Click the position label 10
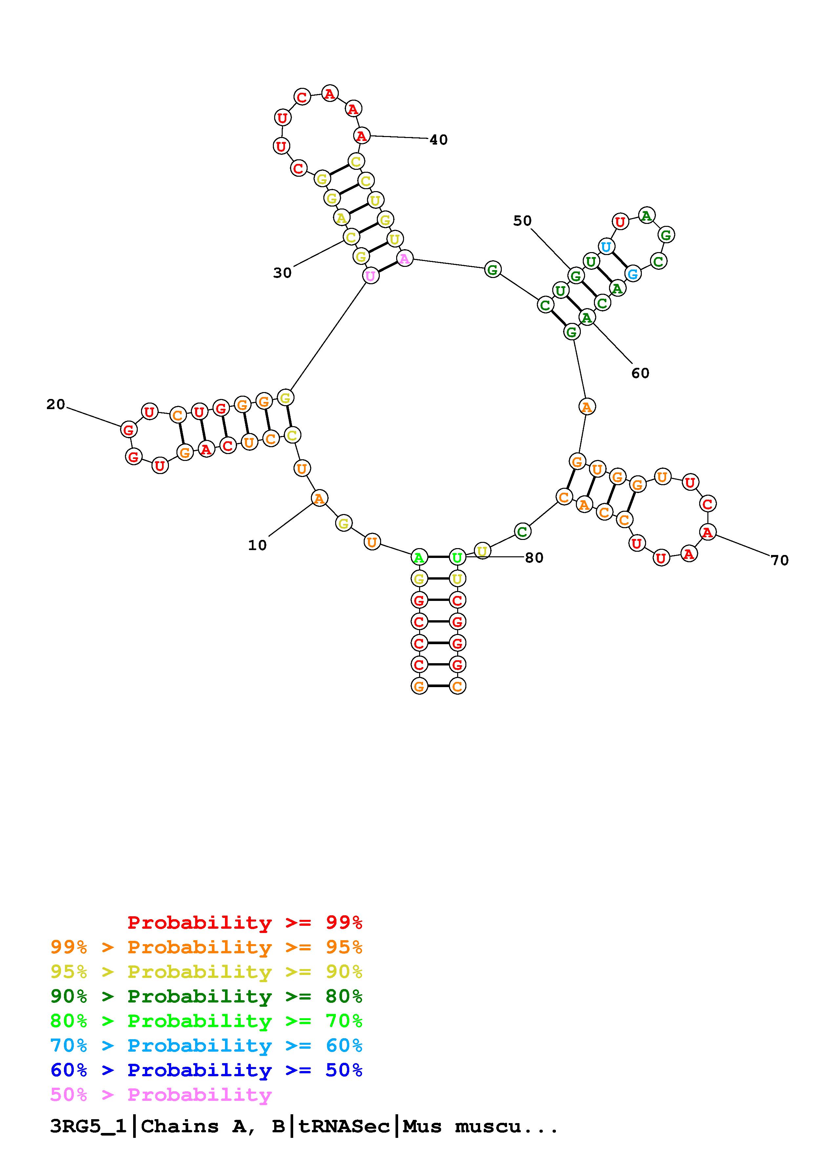click(x=257, y=545)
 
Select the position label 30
click(x=282, y=273)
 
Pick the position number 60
click(x=640, y=373)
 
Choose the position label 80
click(x=534, y=558)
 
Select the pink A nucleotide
click(x=405, y=258)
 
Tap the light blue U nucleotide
click(x=606, y=247)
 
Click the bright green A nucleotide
click(x=419, y=557)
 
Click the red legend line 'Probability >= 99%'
click(x=245, y=922)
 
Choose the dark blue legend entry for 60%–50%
click(x=206, y=1070)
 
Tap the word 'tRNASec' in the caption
click(x=344, y=1126)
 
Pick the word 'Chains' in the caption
click(x=180, y=1126)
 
